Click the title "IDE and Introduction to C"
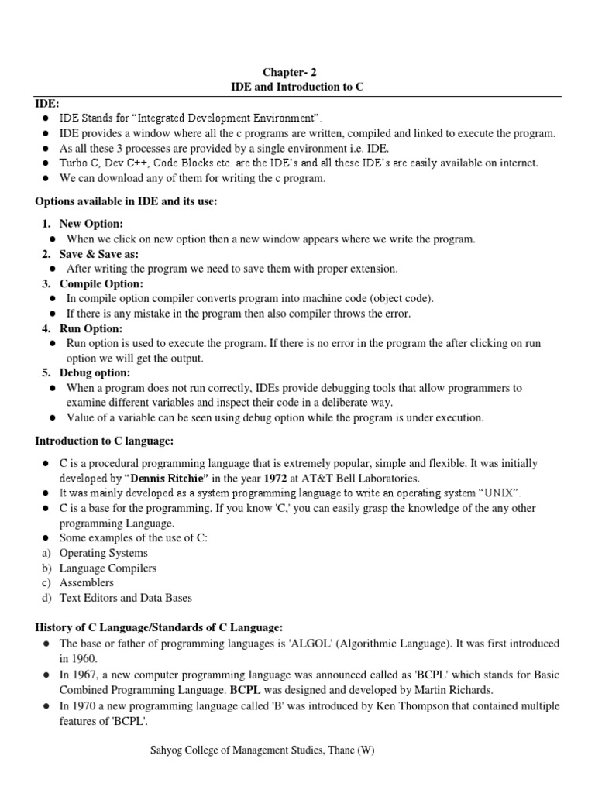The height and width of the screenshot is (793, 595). point(297,88)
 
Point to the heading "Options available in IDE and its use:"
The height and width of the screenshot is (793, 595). point(126,202)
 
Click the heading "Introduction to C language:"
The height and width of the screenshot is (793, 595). point(104,441)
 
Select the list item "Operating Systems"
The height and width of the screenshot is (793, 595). point(104,553)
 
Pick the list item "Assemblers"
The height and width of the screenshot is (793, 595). point(86,582)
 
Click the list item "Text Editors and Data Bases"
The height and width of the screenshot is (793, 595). point(126,598)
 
